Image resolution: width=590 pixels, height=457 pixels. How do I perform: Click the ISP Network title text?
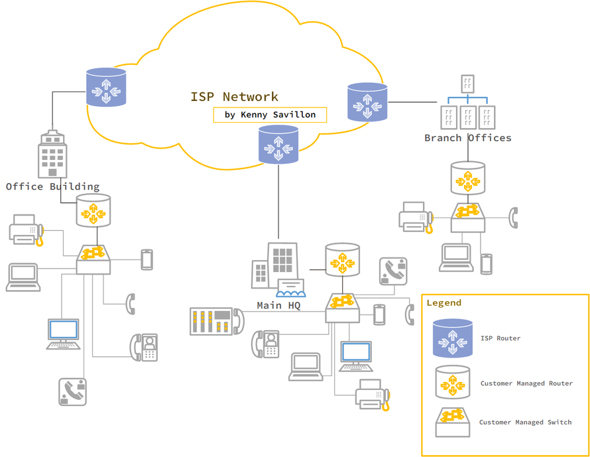coord(234,97)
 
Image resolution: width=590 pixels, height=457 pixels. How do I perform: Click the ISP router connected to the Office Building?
coord(106,87)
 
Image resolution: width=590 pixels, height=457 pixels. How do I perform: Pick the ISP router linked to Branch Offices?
coord(367,102)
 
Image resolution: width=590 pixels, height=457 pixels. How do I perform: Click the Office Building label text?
coord(52,186)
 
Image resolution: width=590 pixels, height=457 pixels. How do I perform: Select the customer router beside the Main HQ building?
coord(342,260)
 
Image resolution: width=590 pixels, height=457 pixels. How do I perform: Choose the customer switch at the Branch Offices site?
coord(468,217)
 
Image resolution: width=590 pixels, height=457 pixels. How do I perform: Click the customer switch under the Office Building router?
coord(93,259)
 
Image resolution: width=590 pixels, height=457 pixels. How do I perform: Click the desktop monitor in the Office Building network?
coord(63,334)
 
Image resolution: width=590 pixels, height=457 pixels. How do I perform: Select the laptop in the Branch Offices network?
coord(456,258)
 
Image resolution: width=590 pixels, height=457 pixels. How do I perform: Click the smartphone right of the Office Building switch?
coord(147,259)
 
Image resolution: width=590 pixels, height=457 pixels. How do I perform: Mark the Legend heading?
coord(443,302)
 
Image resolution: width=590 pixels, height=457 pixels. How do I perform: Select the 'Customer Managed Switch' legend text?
coord(525,422)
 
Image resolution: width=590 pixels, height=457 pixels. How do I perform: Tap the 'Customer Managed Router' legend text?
coord(526,383)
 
